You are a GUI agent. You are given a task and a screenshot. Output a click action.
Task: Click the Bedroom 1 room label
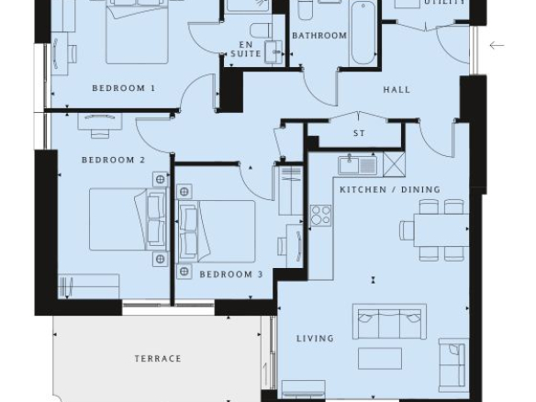(x=124, y=88)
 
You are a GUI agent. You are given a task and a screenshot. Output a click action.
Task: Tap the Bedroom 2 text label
(x=114, y=160)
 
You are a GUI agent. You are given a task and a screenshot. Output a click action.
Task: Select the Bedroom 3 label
(x=231, y=274)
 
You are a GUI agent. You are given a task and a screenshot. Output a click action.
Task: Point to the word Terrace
(x=158, y=359)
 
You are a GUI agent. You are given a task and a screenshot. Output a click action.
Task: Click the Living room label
(x=315, y=339)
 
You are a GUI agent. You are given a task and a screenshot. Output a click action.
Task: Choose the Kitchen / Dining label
(x=390, y=189)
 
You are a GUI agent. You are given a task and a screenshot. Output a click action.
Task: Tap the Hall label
(x=396, y=90)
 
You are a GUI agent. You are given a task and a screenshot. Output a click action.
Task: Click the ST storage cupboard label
(x=359, y=133)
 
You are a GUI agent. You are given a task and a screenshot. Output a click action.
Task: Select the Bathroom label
(x=319, y=36)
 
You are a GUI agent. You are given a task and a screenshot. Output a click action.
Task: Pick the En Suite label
(x=246, y=50)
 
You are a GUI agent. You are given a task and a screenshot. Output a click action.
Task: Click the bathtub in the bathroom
(x=363, y=33)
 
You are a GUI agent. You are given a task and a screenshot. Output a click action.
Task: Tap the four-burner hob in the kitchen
(x=321, y=216)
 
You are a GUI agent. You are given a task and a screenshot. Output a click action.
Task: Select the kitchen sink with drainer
(x=358, y=165)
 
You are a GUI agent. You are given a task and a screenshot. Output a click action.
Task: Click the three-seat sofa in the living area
(x=389, y=321)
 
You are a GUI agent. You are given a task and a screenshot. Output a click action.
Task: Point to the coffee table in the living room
(x=380, y=359)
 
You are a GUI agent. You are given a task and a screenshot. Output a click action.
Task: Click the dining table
(x=441, y=230)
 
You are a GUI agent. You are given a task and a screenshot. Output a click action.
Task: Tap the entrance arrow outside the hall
(x=497, y=45)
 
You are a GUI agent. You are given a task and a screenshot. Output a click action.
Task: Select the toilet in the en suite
(x=261, y=30)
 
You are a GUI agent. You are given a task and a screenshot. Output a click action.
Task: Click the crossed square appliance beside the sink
(x=394, y=164)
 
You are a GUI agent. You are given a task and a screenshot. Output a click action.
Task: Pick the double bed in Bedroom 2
(x=128, y=219)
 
